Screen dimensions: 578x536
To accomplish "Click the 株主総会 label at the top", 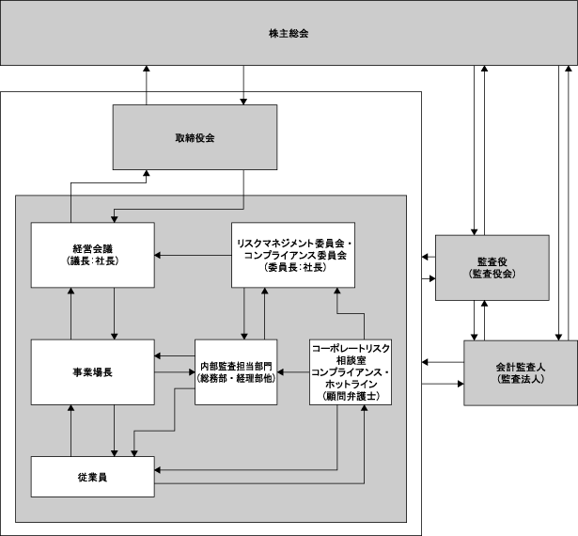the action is click(289, 34).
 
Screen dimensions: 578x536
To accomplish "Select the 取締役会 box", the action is click(195, 137).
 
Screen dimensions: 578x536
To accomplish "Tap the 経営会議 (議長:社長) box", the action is click(92, 255).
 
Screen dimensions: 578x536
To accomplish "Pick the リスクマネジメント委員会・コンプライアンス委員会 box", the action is click(293, 255).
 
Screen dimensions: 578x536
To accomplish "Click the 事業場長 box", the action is click(92, 372).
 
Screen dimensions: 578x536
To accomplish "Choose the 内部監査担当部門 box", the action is click(236, 372).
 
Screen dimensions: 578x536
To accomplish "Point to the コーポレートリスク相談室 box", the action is click(351, 372).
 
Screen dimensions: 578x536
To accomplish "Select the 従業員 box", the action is click(92, 477).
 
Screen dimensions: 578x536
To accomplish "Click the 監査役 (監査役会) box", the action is click(492, 267).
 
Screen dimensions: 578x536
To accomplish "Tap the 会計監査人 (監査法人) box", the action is click(521, 373).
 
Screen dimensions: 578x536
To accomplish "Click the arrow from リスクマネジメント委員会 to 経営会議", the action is click(193, 255).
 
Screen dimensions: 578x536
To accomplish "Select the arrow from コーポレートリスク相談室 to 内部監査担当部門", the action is click(293, 372).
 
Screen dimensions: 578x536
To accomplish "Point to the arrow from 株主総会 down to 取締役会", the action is click(243, 85).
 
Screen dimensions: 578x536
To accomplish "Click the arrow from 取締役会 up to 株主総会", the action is click(147, 85).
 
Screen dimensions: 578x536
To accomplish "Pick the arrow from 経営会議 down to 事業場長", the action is click(115, 313).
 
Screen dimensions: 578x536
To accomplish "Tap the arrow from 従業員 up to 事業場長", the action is click(71, 431).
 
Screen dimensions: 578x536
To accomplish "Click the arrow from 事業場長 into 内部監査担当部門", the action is click(175, 372).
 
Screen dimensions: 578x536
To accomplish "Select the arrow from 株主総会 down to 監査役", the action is click(475, 150).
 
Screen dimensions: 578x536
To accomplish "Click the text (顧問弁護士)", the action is click(351, 396).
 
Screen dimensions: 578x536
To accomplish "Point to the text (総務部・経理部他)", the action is click(236, 378).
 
